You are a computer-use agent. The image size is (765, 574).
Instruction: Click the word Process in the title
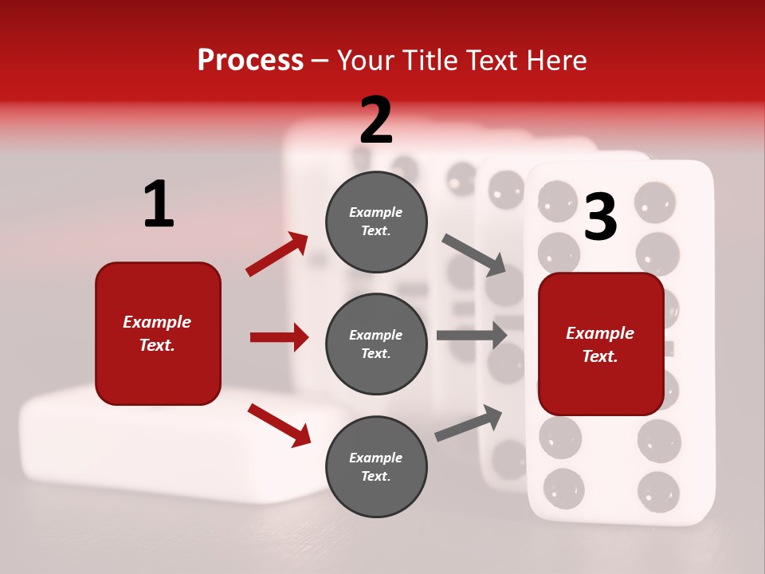pyautogui.click(x=250, y=60)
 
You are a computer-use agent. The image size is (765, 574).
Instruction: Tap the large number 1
pyautogui.click(x=159, y=205)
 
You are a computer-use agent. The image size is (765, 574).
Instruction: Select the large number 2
pyautogui.click(x=376, y=120)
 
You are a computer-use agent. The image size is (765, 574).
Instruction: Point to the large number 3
pyautogui.click(x=600, y=218)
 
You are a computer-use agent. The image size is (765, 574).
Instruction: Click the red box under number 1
pyautogui.click(x=158, y=333)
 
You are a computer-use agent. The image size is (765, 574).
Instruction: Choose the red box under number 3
pyautogui.click(x=601, y=344)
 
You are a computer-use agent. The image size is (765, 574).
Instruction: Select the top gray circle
pyautogui.click(x=376, y=222)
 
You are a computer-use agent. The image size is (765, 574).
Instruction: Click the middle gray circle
pyautogui.click(x=376, y=344)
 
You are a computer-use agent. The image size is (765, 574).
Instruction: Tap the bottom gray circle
pyautogui.click(x=376, y=467)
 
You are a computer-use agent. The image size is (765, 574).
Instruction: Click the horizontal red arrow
pyautogui.click(x=279, y=337)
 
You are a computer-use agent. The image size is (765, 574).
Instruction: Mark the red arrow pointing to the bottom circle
pyautogui.click(x=279, y=425)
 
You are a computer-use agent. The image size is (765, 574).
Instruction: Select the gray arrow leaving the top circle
pyautogui.click(x=474, y=255)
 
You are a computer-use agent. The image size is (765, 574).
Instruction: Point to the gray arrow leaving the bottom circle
pyautogui.click(x=469, y=423)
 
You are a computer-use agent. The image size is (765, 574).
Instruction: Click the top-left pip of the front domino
pyautogui.click(x=558, y=199)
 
